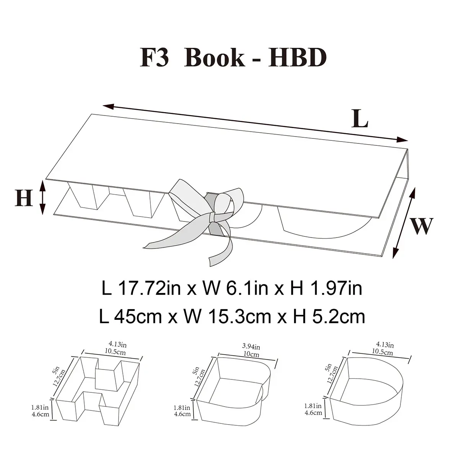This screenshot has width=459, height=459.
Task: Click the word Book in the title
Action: click(x=214, y=58)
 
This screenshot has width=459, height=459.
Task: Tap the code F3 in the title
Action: click(x=154, y=58)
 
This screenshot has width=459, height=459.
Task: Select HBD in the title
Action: click(x=298, y=58)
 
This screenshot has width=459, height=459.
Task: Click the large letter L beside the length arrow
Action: click(x=360, y=119)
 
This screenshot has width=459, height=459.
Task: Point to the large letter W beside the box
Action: click(x=421, y=226)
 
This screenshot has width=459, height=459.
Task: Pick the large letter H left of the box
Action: click(x=24, y=198)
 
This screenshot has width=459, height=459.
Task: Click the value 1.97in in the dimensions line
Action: click(x=335, y=289)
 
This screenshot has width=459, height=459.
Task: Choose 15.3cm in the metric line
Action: click(x=240, y=317)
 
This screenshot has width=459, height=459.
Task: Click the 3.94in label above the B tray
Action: click(x=251, y=347)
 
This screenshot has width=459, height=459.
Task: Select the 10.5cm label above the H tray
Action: click(x=115, y=352)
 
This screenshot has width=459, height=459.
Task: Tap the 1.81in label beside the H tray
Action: click(x=40, y=407)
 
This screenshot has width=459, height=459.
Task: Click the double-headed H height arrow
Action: click(x=42, y=197)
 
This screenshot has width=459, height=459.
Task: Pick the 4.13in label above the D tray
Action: click(x=384, y=345)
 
